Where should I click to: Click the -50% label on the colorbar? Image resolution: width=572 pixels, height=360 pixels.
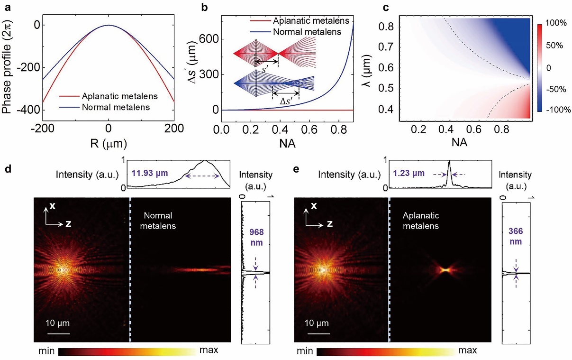552,91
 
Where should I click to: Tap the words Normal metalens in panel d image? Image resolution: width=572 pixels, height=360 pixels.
160,222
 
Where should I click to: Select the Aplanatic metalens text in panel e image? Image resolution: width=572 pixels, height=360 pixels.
420,222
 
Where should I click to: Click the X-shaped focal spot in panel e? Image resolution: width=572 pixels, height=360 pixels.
445,270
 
